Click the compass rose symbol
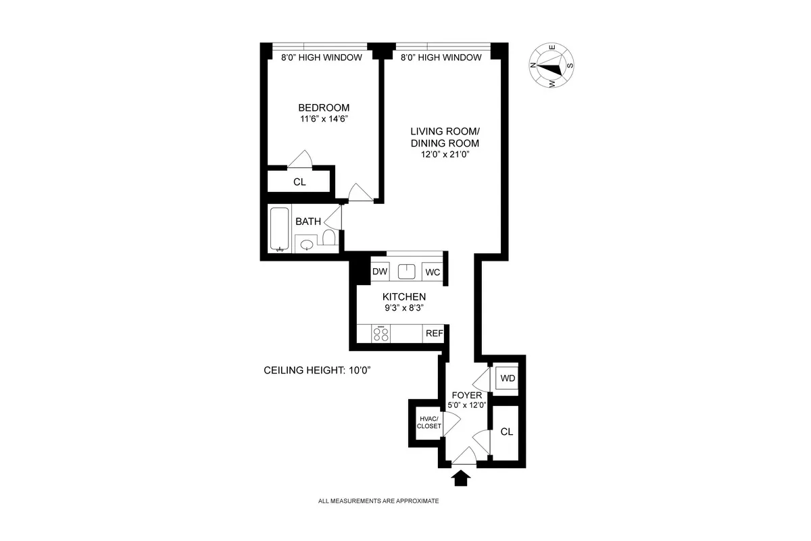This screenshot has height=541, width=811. point(552,66)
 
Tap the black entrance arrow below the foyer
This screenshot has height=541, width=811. point(462,479)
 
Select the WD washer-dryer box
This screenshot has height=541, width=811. point(507,378)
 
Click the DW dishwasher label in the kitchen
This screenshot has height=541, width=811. point(380,272)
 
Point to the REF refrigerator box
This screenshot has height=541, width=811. point(433,333)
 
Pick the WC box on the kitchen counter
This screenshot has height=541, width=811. point(432,272)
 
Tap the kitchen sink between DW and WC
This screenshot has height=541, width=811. point(406,272)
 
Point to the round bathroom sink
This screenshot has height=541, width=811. point(306,244)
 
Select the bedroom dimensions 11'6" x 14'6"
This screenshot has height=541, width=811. point(324,119)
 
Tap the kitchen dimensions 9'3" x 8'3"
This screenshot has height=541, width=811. point(403,308)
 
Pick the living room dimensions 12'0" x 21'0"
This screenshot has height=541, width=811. point(444,155)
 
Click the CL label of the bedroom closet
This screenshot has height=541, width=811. point(299,182)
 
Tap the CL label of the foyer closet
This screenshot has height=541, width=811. point(507,432)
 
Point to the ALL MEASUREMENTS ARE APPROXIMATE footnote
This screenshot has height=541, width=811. point(378,501)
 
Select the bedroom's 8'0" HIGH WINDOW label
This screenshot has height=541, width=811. point(321,58)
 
